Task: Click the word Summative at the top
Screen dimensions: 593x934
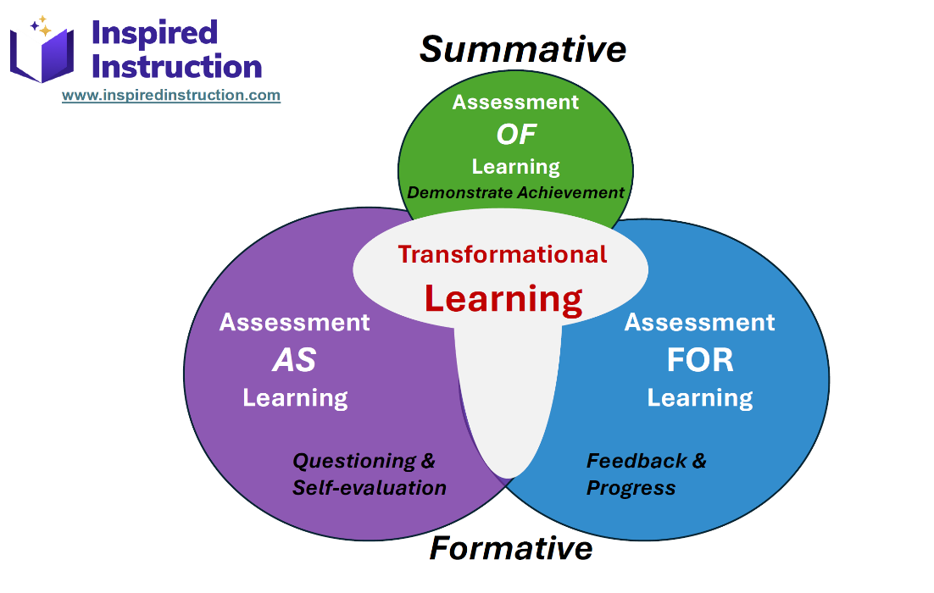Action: coord(523,49)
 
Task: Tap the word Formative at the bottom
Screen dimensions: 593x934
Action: coord(510,548)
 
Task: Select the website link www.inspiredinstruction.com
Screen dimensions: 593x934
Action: coord(171,95)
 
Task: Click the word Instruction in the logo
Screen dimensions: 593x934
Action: coord(176,66)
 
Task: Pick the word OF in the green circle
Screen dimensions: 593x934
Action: coord(516,134)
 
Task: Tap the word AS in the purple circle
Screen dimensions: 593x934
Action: coord(294,361)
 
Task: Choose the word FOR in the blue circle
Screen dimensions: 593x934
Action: coord(699,360)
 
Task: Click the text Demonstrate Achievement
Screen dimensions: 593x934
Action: coord(515,192)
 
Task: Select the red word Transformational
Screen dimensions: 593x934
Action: coord(503,254)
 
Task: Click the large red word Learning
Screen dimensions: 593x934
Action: coord(503,298)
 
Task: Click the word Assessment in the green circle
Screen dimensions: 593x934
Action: coord(515,103)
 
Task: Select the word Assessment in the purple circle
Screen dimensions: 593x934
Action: coord(294,323)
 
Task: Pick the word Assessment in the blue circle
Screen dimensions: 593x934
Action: coord(699,323)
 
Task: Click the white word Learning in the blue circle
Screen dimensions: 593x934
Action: coord(699,398)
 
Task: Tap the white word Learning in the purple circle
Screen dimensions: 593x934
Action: coord(295,398)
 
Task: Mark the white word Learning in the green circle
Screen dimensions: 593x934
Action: coord(515,166)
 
